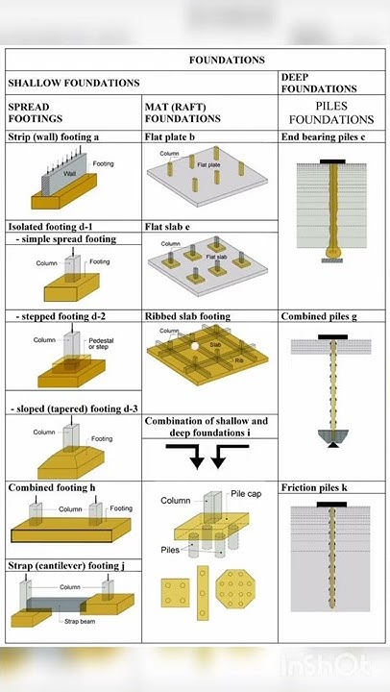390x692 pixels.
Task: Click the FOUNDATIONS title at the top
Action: pos(227,60)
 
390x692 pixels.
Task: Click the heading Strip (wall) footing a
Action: pos(54,137)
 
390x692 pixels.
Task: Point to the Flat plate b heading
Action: pos(170,137)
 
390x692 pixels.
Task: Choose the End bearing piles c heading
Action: pos(323,137)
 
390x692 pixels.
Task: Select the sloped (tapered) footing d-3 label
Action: pos(72,408)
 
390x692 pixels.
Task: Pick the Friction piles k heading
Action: pos(314,488)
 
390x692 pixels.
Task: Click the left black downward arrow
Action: pos(197,458)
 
